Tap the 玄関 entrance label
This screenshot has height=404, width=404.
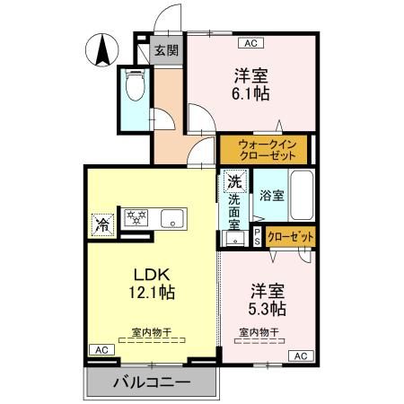click(x=164, y=50)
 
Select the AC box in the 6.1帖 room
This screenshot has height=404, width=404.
click(x=250, y=41)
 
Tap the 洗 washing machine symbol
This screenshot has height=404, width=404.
click(x=234, y=180)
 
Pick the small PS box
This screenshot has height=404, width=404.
click(x=257, y=236)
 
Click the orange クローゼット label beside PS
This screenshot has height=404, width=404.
click(x=291, y=236)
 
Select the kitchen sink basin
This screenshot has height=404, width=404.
click(x=171, y=218)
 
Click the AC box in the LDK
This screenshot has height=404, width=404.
click(x=101, y=349)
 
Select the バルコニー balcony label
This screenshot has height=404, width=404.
click(x=152, y=383)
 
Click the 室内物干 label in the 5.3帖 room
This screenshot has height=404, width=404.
click(x=259, y=332)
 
